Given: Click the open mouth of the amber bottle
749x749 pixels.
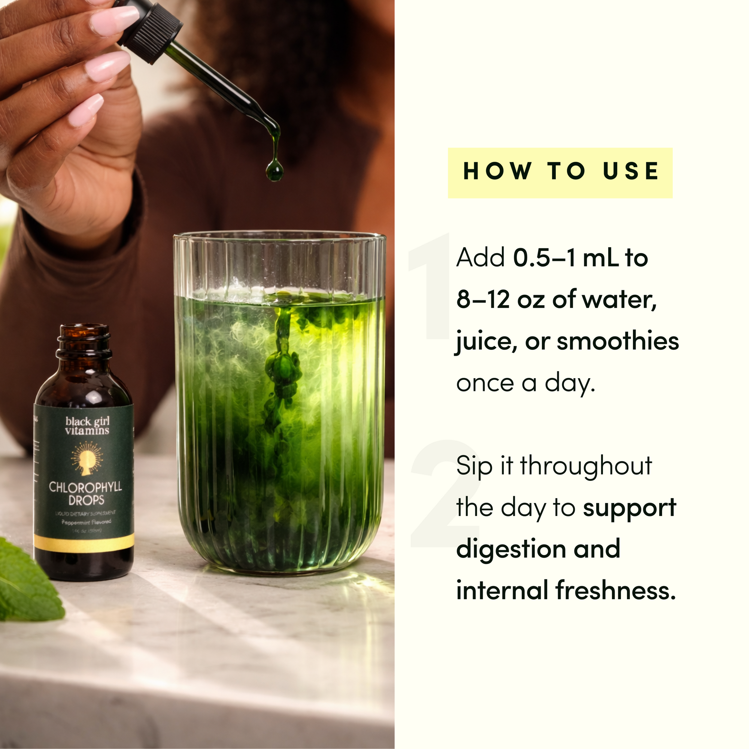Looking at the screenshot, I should tap(84, 332).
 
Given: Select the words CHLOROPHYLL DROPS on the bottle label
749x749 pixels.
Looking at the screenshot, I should tap(85, 493).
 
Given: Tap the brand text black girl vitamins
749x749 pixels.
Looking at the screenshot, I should tap(87, 426).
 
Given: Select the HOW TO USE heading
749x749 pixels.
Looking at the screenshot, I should tap(560, 172).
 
